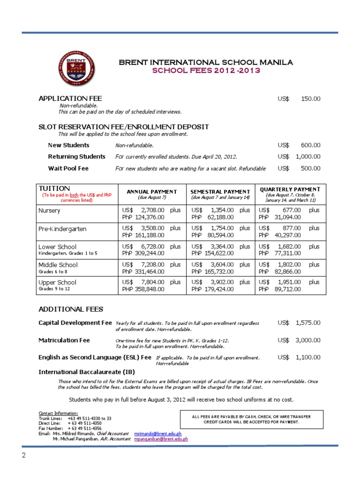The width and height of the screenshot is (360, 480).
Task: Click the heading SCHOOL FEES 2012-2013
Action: (206, 70)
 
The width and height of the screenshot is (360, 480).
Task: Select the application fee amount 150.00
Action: (310, 98)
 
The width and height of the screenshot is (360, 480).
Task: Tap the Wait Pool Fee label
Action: (68, 168)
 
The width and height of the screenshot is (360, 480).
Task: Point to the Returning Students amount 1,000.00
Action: (308, 157)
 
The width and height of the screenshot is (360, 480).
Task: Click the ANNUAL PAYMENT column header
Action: (151, 192)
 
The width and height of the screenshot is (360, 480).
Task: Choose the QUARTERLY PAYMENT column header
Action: (290, 189)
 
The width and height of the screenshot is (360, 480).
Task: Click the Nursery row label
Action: (49, 210)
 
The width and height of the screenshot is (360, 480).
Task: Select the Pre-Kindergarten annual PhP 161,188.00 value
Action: (143, 235)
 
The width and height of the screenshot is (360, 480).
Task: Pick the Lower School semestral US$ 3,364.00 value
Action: (213, 247)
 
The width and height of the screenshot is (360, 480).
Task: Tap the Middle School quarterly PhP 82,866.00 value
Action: (280, 271)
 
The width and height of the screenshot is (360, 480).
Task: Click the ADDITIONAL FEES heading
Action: (71, 309)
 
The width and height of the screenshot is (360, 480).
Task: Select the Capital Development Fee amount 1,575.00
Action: (308, 323)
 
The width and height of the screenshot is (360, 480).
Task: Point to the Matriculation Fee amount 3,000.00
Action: (308, 340)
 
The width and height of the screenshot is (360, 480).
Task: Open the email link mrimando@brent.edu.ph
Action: (157, 434)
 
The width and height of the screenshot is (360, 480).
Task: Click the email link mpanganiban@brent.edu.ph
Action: (161, 439)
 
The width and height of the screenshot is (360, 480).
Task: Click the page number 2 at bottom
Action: (22, 456)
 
